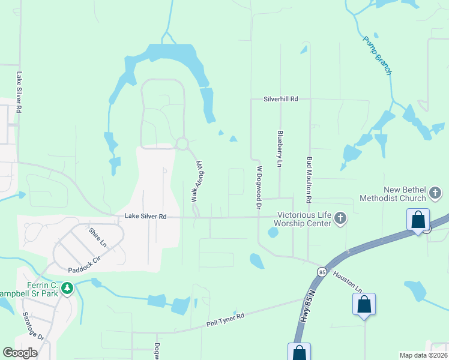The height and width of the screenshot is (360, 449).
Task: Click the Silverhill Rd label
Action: click(x=281, y=98)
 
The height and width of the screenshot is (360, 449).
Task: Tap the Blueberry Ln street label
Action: click(x=280, y=148)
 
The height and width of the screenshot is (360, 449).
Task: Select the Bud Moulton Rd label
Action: click(x=310, y=180)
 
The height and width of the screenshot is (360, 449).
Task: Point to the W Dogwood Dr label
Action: click(x=259, y=187)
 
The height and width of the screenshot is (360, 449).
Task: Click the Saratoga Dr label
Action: click(x=34, y=326)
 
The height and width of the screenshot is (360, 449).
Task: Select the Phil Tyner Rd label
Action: click(x=225, y=319)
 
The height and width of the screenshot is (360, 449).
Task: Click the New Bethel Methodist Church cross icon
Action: click(x=436, y=193)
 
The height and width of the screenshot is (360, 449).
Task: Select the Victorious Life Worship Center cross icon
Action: click(x=340, y=218)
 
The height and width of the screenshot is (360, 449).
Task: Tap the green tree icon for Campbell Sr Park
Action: click(x=67, y=288)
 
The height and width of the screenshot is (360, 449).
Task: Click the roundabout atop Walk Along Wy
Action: click(x=182, y=143)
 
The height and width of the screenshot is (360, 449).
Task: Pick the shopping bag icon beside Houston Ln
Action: click(x=364, y=304)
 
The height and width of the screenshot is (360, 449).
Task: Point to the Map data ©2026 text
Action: click(x=423, y=355)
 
